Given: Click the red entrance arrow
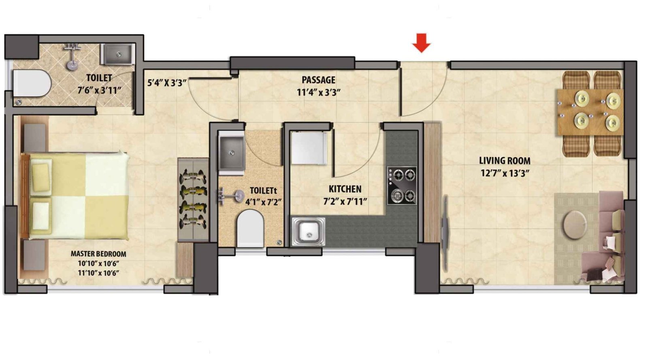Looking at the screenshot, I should click(x=421, y=43).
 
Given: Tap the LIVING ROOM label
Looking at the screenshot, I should click(x=505, y=161).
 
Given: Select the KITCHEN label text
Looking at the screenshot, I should click(x=345, y=189).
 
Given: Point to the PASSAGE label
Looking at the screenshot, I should click(x=318, y=80).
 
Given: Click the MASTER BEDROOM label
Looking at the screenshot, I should click(x=98, y=254).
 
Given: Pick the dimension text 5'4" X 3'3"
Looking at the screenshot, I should click(x=167, y=83).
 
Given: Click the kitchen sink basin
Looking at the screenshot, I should click(x=309, y=232).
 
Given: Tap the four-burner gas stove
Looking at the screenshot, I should click(x=402, y=185).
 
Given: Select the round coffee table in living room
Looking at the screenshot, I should click(x=573, y=224).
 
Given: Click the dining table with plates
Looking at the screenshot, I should click(x=590, y=112).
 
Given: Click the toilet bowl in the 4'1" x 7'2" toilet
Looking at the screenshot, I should click(x=251, y=228).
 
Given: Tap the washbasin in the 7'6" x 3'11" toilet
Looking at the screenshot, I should click(x=117, y=55).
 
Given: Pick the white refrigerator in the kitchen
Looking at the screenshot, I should click(x=309, y=148).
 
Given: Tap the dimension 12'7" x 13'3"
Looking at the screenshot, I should click(x=505, y=173).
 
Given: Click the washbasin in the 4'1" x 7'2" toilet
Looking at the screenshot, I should click(x=231, y=153).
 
